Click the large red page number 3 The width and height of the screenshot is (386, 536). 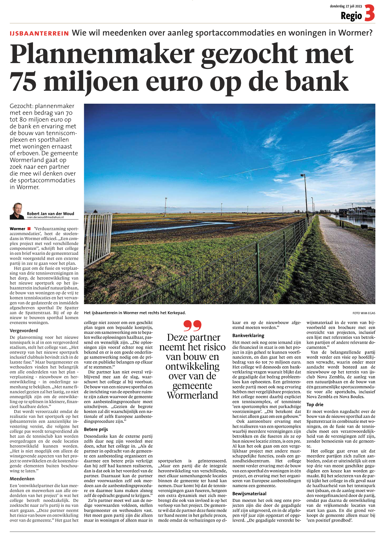(x=369, y=14)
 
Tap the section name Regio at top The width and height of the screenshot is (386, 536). (x=351, y=16)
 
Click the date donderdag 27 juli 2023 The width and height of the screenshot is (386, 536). (x=346, y=6)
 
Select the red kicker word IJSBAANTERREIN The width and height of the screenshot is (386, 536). (x=39, y=34)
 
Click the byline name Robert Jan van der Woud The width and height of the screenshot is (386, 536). (x=51, y=214)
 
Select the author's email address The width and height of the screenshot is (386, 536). (x=45, y=217)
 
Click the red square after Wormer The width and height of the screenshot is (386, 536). (x=29, y=229)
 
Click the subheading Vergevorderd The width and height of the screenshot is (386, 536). (x=24, y=330)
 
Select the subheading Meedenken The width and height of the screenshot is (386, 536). (x=22, y=479)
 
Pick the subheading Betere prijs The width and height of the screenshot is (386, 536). (x=96, y=429)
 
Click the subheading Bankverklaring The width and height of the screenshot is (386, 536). (x=248, y=335)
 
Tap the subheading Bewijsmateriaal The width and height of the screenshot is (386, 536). (x=249, y=494)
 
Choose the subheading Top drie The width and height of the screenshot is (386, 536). (x=315, y=405)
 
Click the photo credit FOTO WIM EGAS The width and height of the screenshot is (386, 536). (x=364, y=313)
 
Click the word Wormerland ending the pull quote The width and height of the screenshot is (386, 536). (x=193, y=395)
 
